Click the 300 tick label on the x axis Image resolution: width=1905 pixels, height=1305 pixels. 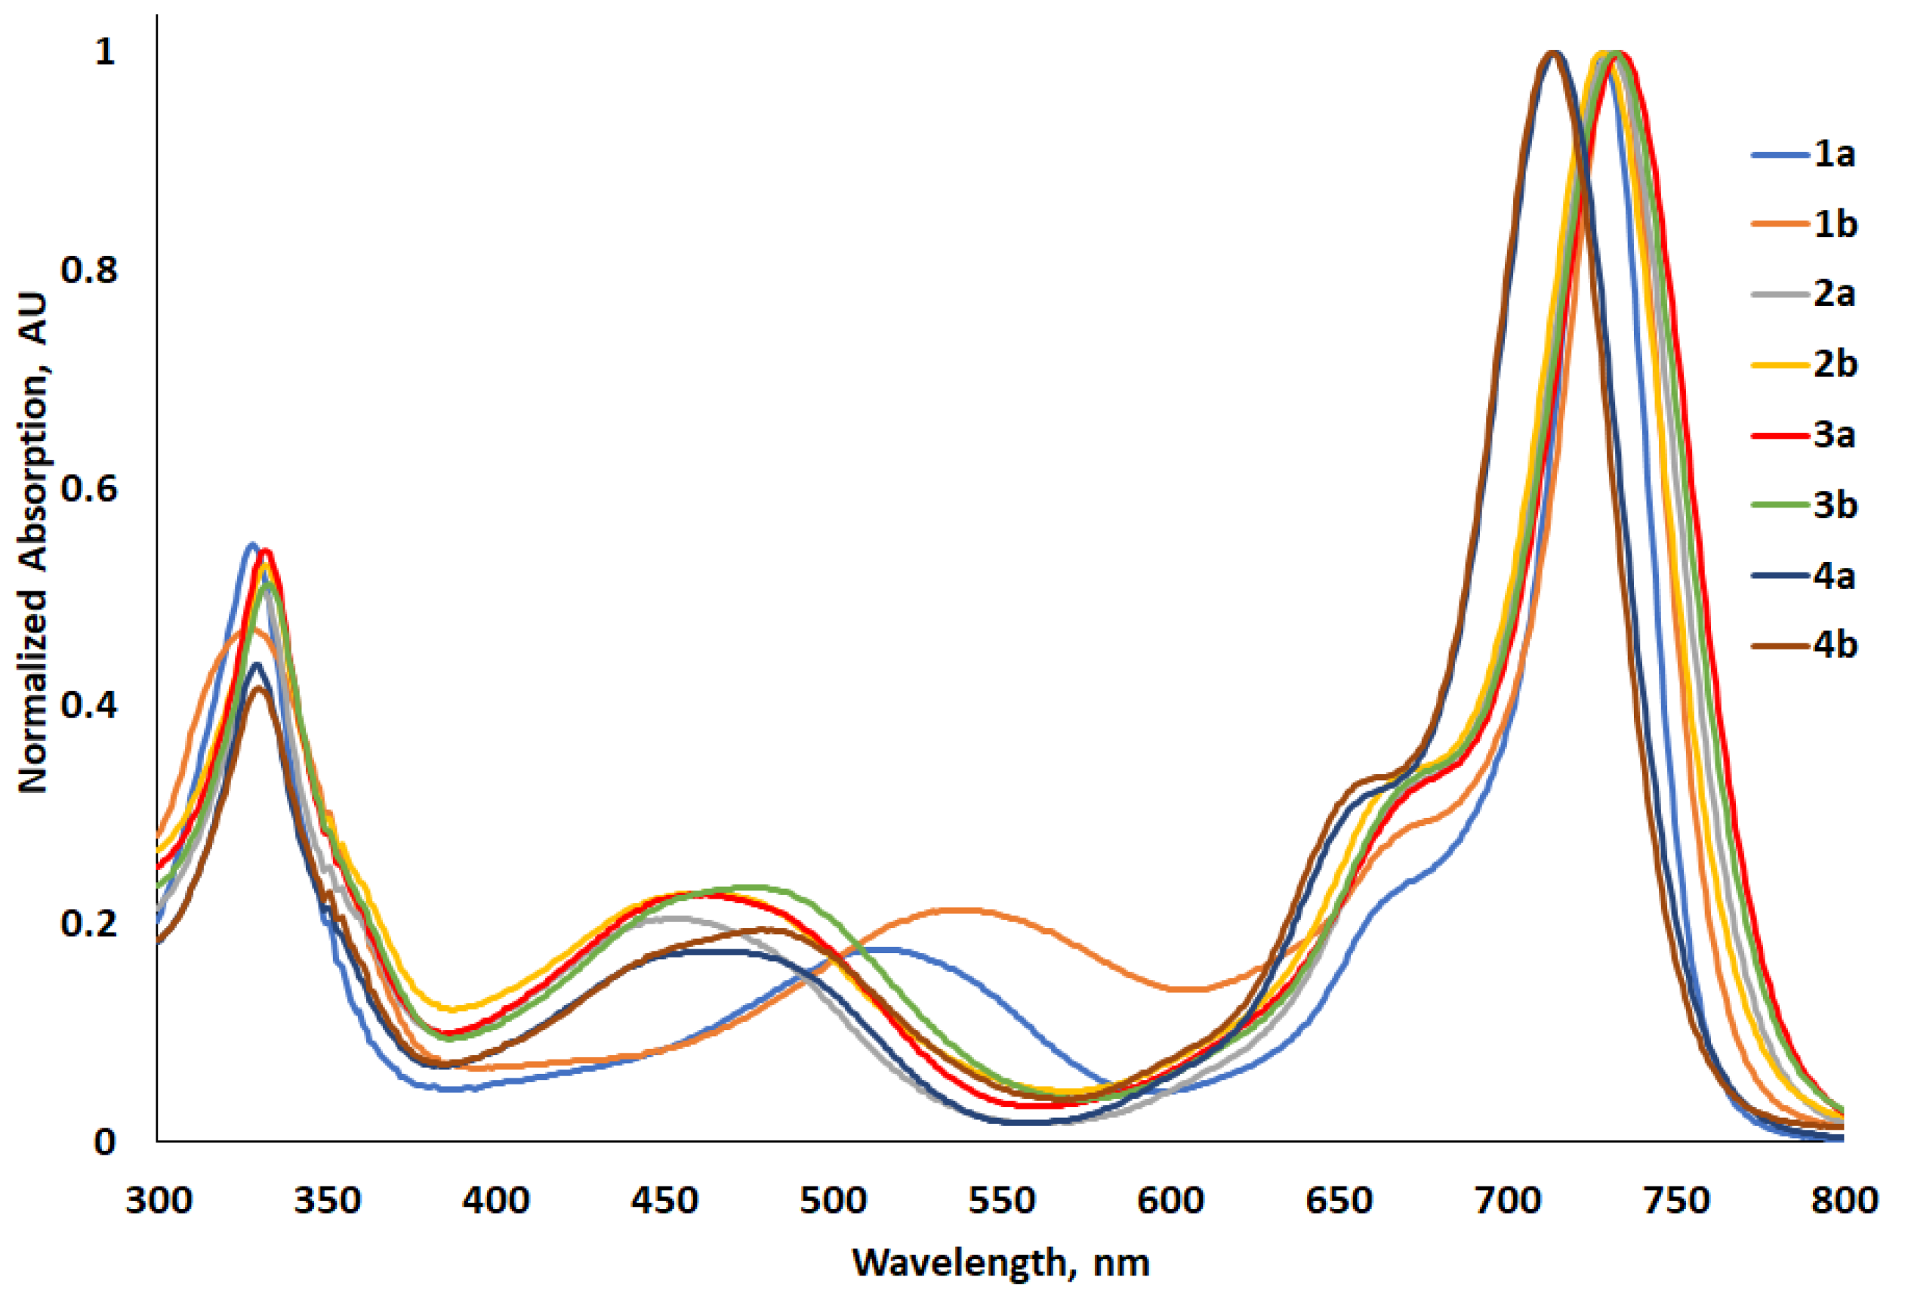pos(159,1202)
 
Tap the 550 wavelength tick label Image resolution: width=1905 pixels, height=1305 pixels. pos(1002,1202)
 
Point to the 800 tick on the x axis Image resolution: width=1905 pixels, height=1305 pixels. pos(1845,1202)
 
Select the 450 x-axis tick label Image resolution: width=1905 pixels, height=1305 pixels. pos(664,1202)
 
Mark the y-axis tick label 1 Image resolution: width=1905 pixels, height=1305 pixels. pos(105,52)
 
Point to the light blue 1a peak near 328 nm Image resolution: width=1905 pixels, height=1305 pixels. pos(251,545)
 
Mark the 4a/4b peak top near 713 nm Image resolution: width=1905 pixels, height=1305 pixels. pos(1552,54)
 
